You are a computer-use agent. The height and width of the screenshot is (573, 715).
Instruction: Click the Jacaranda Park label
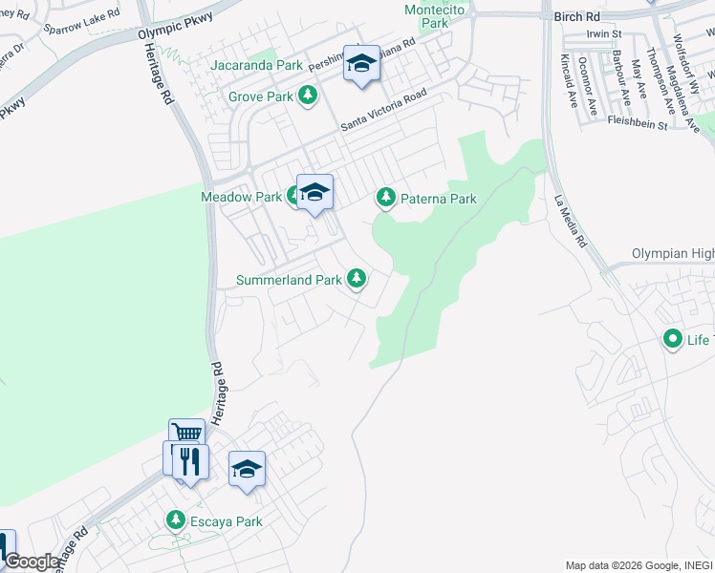256,66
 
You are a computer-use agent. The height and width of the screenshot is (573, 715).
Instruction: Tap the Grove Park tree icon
308,96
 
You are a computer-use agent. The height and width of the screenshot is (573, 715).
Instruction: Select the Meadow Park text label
241,197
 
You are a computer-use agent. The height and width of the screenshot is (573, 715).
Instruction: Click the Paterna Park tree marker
385,198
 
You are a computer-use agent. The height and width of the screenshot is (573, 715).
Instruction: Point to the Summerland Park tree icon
357,279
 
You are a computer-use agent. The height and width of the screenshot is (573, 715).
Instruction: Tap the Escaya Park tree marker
176,520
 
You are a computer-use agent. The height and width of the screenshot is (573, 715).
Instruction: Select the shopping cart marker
186,435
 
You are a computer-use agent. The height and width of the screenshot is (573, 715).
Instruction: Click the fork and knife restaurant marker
191,462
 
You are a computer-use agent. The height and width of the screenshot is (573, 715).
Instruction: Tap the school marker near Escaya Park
247,468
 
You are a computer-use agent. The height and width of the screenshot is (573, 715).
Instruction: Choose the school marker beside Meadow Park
314,192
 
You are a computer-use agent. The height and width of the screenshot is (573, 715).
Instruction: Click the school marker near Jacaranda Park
360,64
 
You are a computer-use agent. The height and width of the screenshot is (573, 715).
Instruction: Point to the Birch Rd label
578,16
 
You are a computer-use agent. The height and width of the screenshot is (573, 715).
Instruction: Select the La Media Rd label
570,223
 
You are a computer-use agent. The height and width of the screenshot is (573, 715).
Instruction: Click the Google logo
31,562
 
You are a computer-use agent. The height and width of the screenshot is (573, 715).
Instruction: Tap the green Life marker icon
673,339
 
